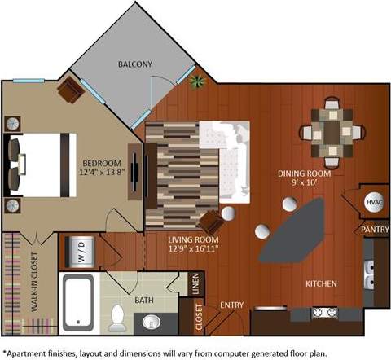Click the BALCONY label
point(135,64)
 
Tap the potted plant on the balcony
point(196,81)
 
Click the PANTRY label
point(374,230)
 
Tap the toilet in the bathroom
point(119,318)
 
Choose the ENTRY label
point(232,305)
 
